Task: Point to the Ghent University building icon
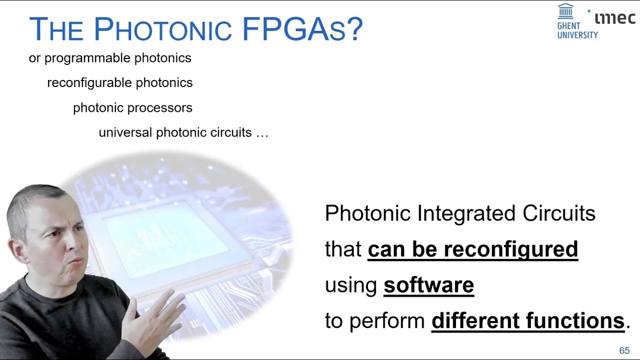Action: (x=565, y=11)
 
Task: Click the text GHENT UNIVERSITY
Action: (x=577, y=30)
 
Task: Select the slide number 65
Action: (x=624, y=350)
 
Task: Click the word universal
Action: (x=125, y=132)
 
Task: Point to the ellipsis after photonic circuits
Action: (x=262, y=133)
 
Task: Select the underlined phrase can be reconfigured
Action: (x=472, y=249)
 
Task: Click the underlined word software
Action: (x=428, y=285)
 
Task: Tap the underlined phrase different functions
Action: (x=527, y=320)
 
